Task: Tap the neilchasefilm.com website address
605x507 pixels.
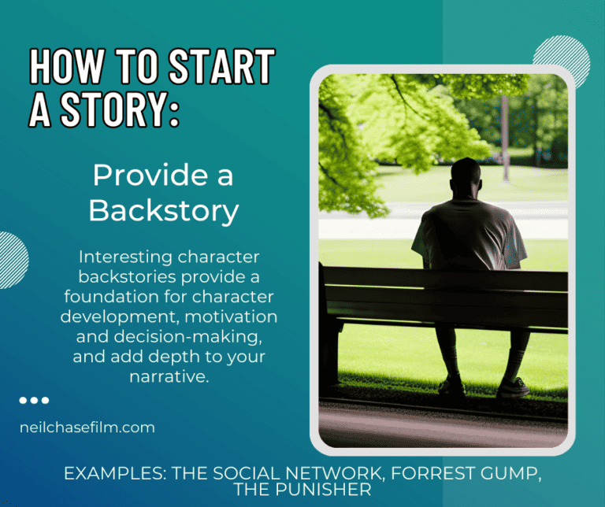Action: pyautogui.click(x=87, y=427)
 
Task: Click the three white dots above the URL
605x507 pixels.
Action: pyautogui.click(x=34, y=401)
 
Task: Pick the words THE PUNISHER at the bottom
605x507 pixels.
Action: pyautogui.click(x=302, y=490)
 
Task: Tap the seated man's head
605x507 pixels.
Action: pyautogui.click(x=466, y=176)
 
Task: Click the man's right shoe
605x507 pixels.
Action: pyautogui.click(x=513, y=387)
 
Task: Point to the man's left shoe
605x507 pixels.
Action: pyautogui.click(x=451, y=386)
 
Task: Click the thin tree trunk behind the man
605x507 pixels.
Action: pyautogui.click(x=505, y=134)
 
